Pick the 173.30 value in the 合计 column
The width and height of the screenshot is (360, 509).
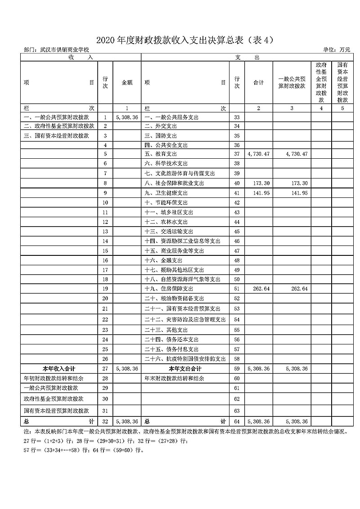tap(258, 183)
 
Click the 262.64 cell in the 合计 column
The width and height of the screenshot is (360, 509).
tap(258, 288)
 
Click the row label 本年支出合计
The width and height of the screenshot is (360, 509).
tap(185, 369)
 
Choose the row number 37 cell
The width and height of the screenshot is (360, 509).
tap(237, 154)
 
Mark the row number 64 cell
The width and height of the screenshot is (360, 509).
tap(237, 421)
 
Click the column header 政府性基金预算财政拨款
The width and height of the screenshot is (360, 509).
tap(321, 82)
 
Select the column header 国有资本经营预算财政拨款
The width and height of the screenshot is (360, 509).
tap(342, 82)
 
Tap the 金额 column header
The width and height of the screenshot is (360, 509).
tap(127, 83)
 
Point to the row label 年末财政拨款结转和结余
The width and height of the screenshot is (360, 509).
tap(174, 379)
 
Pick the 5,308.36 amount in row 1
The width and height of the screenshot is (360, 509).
tap(126, 117)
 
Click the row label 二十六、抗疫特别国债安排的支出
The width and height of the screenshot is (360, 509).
tap(185, 359)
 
